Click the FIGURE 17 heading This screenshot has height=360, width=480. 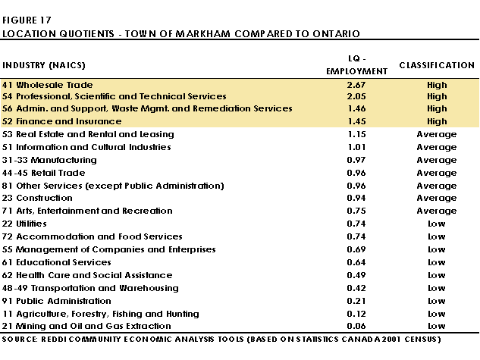(27, 20)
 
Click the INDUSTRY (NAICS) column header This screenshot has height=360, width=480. (44, 65)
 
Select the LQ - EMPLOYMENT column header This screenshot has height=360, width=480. (356, 65)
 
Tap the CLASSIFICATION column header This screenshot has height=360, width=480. (437, 65)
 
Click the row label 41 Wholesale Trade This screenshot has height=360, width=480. (48, 85)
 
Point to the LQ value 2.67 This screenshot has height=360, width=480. (356, 85)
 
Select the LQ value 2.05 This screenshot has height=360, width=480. (356, 96)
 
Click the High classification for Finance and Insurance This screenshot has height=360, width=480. (437, 121)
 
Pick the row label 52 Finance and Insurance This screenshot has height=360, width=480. (62, 121)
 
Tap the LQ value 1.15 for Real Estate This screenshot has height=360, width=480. (356, 134)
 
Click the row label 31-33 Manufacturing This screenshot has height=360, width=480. (49, 160)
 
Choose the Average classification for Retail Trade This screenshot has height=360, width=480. (437, 173)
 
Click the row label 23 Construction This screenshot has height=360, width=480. (37, 198)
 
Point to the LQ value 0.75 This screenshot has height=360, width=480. (356, 211)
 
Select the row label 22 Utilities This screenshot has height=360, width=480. (24, 224)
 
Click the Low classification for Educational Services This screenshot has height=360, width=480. (437, 262)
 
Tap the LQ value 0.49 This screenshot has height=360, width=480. (356, 275)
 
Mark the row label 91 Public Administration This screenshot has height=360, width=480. (57, 301)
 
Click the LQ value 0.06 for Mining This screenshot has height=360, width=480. (356, 326)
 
